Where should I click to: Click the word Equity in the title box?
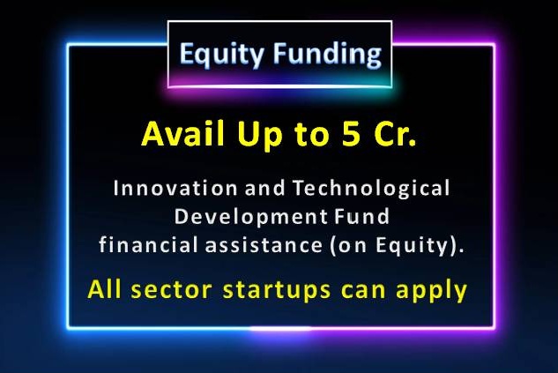pos(221,54)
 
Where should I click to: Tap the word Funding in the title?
pos(327,54)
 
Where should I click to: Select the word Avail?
pos(183,133)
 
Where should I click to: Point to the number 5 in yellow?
pos(351,134)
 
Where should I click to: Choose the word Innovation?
pos(175,188)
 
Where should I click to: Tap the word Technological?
pos(371,189)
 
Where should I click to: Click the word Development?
pos(250,218)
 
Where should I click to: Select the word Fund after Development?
pos(361,216)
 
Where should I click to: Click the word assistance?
pos(264,245)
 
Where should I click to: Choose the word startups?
pos(277,291)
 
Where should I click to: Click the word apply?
pos(431,291)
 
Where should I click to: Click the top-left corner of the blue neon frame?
pos(68,45)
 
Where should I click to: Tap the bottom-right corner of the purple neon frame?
pos(494,327)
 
